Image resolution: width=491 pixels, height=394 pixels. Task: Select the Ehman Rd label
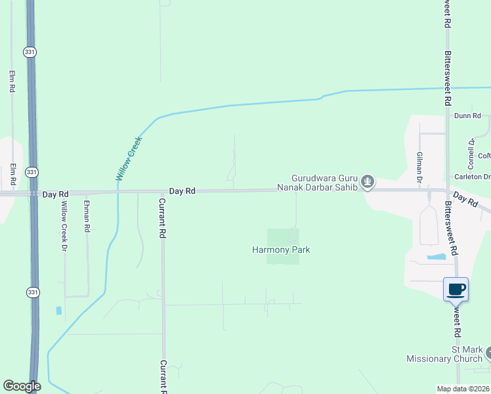coord(86,217)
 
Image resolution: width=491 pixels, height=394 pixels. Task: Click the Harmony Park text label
coord(281,250)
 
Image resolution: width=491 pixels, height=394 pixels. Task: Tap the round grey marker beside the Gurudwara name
coord(368,182)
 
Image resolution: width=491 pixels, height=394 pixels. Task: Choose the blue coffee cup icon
coord(456,288)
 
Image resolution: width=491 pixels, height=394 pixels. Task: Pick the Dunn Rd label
coord(467,116)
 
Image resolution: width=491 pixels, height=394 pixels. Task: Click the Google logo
coord(22,386)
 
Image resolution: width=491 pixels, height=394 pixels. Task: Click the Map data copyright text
coord(463,389)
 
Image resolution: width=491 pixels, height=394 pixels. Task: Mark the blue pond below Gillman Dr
coord(437,256)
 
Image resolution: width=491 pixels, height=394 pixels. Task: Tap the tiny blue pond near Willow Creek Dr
coord(59,310)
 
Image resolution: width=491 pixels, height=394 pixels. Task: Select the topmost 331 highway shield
coord(30,52)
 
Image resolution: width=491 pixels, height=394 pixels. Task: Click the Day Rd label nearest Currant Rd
coord(182,190)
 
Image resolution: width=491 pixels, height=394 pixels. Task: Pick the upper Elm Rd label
coord(12,81)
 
